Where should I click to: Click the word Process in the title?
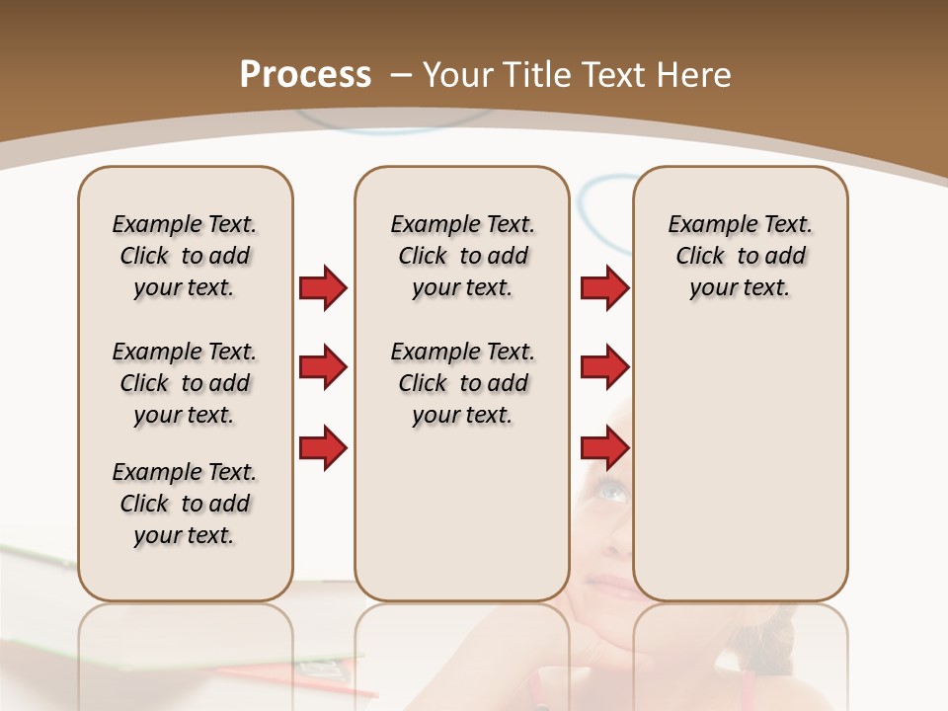pyautogui.click(x=305, y=75)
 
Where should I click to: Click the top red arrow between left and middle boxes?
pyautogui.click(x=323, y=288)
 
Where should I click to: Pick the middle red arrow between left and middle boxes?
pyautogui.click(x=323, y=368)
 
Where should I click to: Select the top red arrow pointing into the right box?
pyautogui.click(x=604, y=288)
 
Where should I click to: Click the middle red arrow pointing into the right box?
pyautogui.click(x=604, y=368)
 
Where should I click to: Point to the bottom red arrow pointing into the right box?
pyautogui.click(x=604, y=448)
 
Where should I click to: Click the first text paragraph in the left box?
pyautogui.click(x=185, y=256)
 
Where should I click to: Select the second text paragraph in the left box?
pyautogui.click(x=185, y=383)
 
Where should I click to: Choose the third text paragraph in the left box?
pyautogui.click(x=185, y=504)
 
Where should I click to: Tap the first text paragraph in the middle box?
pyautogui.click(x=462, y=256)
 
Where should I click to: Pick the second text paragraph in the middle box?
pyautogui.click(x=462, y=383)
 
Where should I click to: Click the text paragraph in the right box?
pyautogui.click(x=740, y=256)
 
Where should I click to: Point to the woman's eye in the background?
pyautogui.click(x=611, y=490)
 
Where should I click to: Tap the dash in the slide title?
pyautogui.click(x=401, y=75)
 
